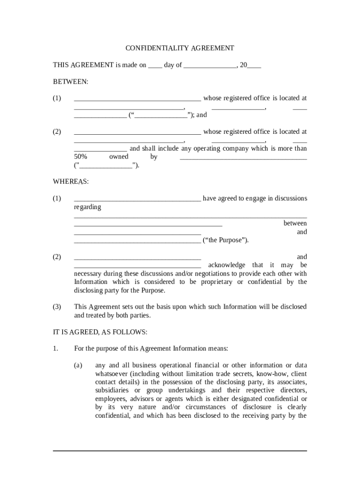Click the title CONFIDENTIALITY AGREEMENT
tap(180, 48)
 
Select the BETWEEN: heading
tap(70, 81)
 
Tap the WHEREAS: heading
tap(70, 181)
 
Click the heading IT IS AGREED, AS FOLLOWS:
tap(100, 332)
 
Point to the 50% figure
tap(80, 157)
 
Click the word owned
tap(119, 157)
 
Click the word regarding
tap(87, 207)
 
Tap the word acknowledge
tap(226, 265)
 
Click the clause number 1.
tap(55, 348)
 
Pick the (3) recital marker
tap(57, 307)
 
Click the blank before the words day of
tap(155, 65)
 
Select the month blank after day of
tap(210, 65)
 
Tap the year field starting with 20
tap(250, 65)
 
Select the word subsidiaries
tap(113, 390)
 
